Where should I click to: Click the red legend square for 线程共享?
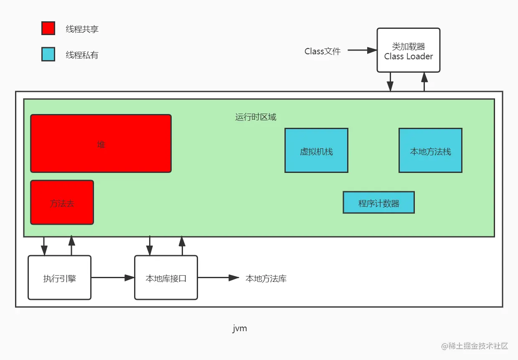48,28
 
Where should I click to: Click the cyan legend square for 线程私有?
48,54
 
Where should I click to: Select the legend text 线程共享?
82,29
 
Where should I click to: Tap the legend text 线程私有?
82,55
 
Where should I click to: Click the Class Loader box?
408,51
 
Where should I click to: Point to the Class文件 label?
322,51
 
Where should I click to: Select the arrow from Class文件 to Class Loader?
362,50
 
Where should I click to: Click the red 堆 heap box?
101,143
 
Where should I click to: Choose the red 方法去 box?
62,203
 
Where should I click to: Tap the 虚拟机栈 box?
316,151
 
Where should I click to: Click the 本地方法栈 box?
430,151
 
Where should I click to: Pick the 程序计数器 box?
378,203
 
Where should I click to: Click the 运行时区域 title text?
256,117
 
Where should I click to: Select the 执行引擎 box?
59,278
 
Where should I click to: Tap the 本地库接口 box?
166,278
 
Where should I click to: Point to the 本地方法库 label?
266,279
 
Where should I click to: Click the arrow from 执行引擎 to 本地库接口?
112,278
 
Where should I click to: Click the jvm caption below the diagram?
240,329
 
